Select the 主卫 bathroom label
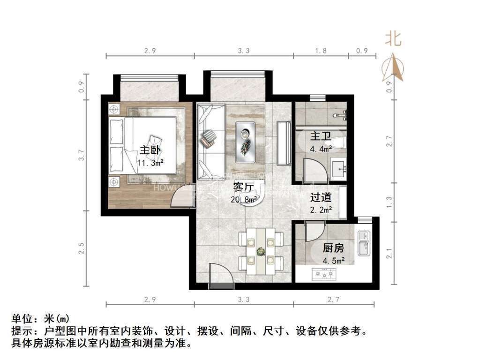pos(321,137)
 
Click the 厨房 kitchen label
pos(334,248)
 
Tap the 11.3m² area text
pos(150,163)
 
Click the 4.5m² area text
pos(334,261)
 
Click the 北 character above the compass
pos(393,39)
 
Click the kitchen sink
pos(364,243)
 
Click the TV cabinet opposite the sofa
pos(283,143)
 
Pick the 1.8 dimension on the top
pos(321,51)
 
